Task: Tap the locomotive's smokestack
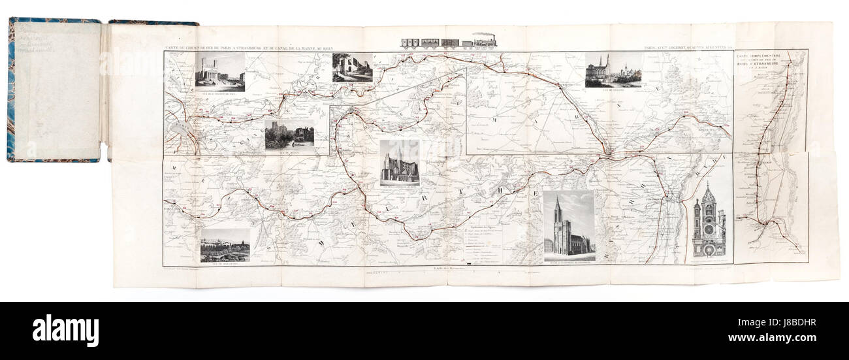click(x=492, y=35)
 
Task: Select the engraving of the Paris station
click(x=220, y=71)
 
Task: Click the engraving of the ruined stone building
click(x=352, y=67)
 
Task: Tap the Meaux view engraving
click(x=289, y=136)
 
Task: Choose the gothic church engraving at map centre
click(x=400, y=162)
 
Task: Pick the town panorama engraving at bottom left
click(x=225, y=244)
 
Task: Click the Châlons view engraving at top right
click(x=613, y=69)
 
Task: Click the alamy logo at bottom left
click(x=65, y=330)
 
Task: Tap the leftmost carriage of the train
click(x=409, y=43)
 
